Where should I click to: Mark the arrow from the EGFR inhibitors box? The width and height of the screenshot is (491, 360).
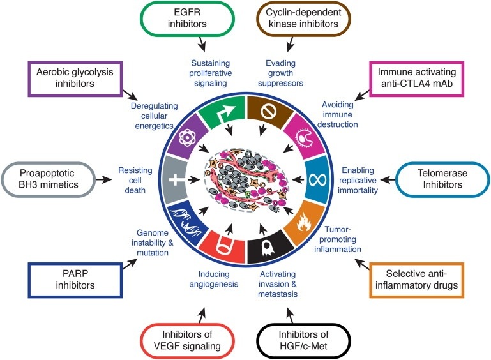(204, 45)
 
